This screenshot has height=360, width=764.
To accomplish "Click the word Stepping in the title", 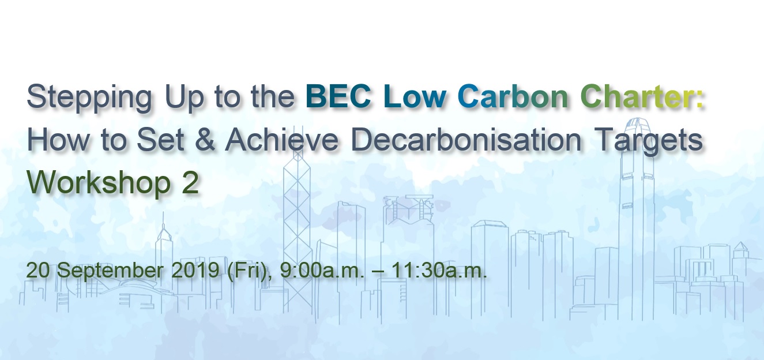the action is point(89,98).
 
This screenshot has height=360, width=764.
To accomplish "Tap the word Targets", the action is point(648,141).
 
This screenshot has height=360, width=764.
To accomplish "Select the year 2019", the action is point(195,270).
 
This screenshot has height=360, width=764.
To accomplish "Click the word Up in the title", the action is point(184,98).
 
